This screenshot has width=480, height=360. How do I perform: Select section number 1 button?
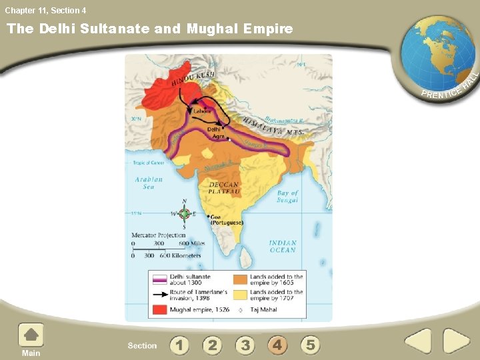coord(179,345)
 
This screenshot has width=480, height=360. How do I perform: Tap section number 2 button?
coord(212,345)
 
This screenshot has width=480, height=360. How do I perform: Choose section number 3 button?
coord(245,345)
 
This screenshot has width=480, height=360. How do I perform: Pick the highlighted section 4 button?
coord(277,345)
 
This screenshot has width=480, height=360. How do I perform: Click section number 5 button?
coord(310,345)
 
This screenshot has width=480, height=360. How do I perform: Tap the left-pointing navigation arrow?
coord(419,341)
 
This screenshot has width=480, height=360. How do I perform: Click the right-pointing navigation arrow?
coord(457,341)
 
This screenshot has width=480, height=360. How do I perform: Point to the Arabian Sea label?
coord(145,183)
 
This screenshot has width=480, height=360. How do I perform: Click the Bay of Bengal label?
coord(287,197)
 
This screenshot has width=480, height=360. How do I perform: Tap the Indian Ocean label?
coord(283,247)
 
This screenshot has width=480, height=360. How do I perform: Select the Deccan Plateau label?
coord(224,188)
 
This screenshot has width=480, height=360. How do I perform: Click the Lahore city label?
coord(203,111)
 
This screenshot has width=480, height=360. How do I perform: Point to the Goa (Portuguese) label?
coord(227,220)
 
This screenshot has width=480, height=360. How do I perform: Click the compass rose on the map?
coord(185,214)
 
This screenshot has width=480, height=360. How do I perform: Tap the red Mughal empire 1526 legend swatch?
coord(160,309)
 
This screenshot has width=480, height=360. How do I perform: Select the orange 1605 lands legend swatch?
coord(240,279)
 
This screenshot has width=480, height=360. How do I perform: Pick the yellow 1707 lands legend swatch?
coord(240,294)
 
